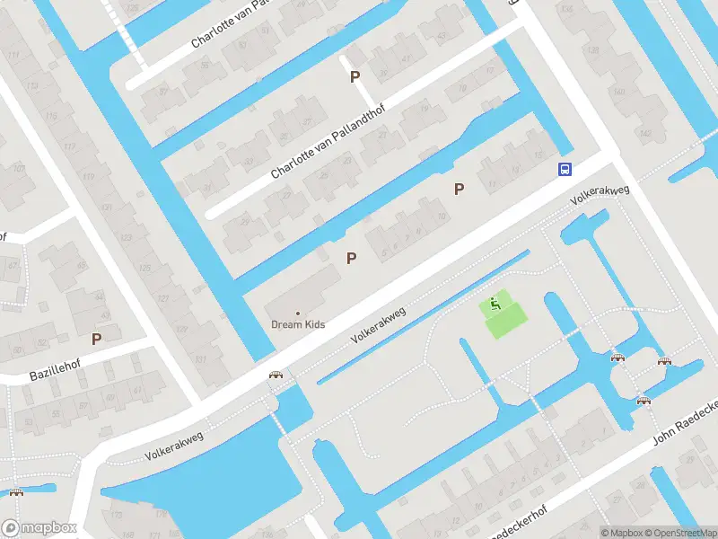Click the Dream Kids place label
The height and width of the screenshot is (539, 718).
[x=298, y=324]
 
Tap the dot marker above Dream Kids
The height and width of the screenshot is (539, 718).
[x=298, y=313]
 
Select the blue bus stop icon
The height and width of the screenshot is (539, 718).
[x=565, y=169]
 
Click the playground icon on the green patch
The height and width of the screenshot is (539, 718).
[x=495, y=305]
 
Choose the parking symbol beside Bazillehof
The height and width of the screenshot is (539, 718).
[x=96, y=339]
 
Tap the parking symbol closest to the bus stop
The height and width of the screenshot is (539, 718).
[x=460, y=189]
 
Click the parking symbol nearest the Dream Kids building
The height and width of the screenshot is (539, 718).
[x=352, y=258]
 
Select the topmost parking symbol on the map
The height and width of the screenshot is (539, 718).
[x=355, y=77]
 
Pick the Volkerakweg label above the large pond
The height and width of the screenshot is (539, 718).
[x=174, y=446]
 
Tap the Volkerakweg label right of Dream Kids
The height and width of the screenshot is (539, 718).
[x=379, y=325]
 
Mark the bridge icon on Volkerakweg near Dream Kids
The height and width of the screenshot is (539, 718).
[x=276, y=376]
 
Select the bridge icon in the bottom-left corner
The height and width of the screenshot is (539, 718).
[x=15, y=492]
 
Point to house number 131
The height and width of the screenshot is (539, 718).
[x=200, y=359]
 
